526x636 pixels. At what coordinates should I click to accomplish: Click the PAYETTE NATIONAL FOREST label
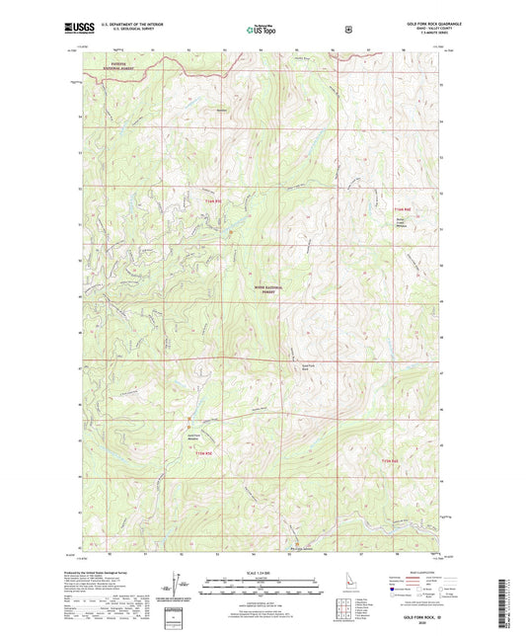point(111,68)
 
